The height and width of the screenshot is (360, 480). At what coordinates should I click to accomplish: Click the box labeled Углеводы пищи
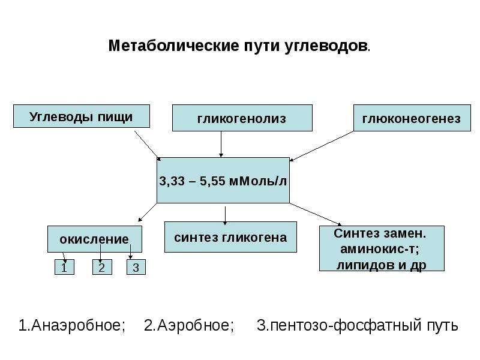pyautogui.click(x=82, y=116)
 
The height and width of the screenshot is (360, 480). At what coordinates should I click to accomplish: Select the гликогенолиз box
pyautogui.click(x=242, y=118)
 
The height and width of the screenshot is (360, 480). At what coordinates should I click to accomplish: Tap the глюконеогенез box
pyautogui.click(x=412, y=118)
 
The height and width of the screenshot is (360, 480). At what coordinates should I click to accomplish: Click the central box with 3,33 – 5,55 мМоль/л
pyautogui.click(x=223, y=181)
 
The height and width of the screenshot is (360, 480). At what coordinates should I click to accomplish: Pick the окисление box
pyautogui.click(x=95, y=239)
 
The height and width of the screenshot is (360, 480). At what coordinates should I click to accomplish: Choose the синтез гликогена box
pyautogui.click(x=230, y=237)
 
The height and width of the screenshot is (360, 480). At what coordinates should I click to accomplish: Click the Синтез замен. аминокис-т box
pyautogui.click(x=382, y=248)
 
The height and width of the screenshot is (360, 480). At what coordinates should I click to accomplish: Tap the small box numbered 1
pyautogui.click(x=64, y=267)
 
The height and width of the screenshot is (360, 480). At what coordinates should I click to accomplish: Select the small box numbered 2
pyautogui.click(x=102, y=267)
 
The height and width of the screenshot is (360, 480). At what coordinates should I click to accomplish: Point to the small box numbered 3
pyautogui.click(x=136, y=267)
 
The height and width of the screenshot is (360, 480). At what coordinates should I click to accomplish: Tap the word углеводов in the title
pyautogui.click(x=326, y=46)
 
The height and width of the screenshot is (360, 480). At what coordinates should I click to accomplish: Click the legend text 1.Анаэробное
pyautogui.click(x=72, y=325)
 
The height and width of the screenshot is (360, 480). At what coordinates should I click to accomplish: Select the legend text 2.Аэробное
pyautogui.click(x=189, y=325)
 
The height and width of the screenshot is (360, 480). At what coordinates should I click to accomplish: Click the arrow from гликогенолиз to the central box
pyautogui.click(x=221, y=144)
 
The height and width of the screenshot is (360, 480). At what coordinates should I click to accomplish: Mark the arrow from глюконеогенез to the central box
pyautogui.click(x=322, y=146)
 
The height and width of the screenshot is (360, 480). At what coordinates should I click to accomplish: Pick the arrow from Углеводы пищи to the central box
pyautogui.click(x=148, y=146)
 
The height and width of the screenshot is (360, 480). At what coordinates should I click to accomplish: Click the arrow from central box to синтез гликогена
pyautogui.click(x=226, y=216)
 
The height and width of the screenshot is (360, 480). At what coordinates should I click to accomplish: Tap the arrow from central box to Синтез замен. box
pyautogui.click(x=316, y=214)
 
